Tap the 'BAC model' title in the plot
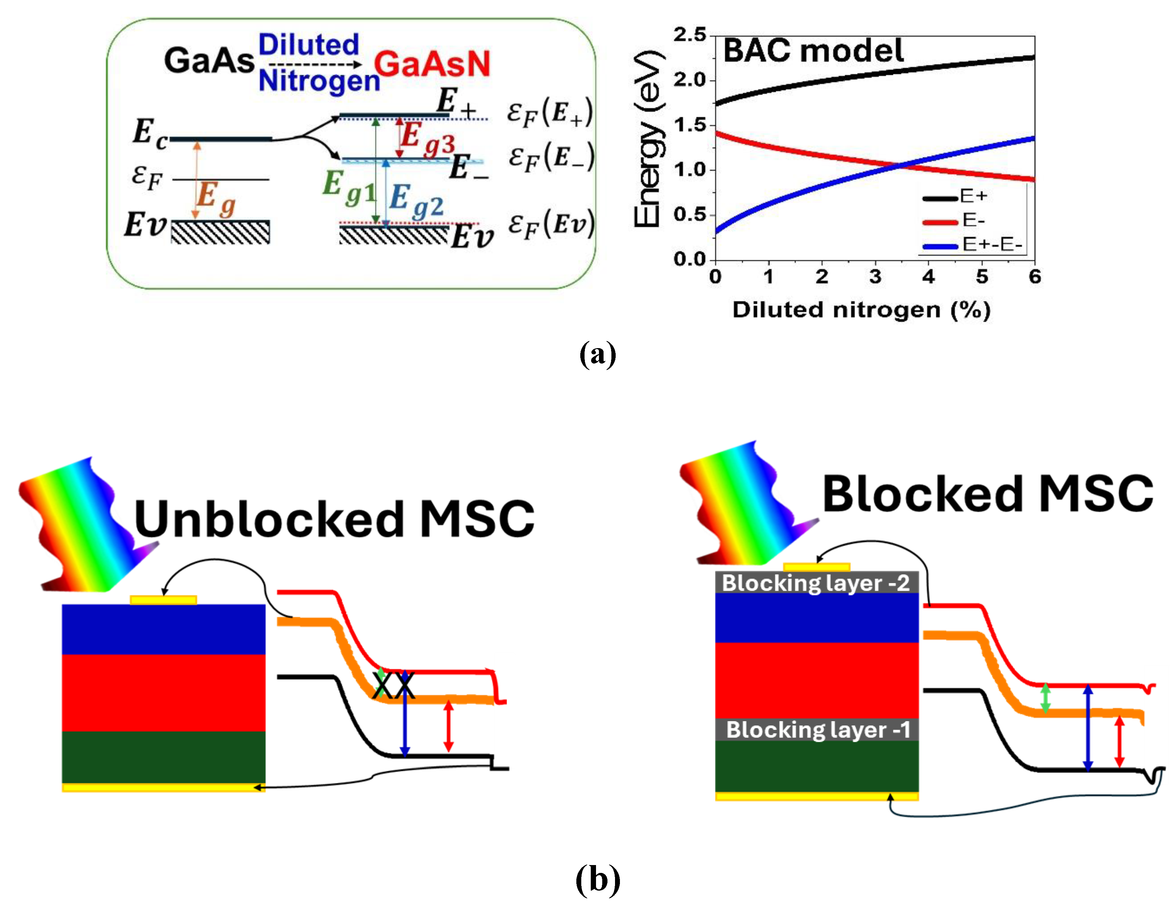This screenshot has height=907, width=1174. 813,51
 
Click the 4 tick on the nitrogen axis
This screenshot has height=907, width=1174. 928,277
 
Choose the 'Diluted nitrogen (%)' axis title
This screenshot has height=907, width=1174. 861,310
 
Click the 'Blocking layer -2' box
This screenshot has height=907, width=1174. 816,583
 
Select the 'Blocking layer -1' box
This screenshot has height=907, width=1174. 818,730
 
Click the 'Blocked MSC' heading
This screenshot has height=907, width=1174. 988,494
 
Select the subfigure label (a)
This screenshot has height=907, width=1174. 597,355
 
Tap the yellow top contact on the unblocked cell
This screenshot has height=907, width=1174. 164,600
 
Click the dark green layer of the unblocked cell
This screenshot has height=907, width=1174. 164,757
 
